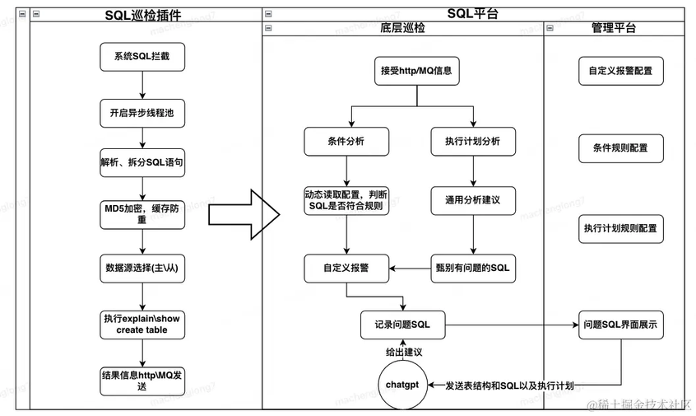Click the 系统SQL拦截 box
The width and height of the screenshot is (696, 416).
tap(142, 57)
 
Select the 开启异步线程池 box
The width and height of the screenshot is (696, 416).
tap(142, 114)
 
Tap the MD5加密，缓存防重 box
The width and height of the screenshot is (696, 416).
tap(142, 215)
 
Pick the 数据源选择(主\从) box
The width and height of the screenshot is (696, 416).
tap(142, 269)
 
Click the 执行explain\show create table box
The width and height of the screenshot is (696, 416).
tap(142, 325)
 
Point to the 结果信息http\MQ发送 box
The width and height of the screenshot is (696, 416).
tap(142, 381)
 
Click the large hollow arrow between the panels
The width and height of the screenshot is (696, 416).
tap(244, 215)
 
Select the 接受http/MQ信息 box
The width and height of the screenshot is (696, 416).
tap(417, 71)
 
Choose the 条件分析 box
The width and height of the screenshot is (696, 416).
tap(346, 142)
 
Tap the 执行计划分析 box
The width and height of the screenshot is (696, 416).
tap(473, 142)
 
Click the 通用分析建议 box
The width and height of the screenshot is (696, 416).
tap(473, 201)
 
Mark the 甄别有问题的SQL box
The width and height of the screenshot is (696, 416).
tap(473, 269)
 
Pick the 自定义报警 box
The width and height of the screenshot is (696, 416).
tap(346, 269)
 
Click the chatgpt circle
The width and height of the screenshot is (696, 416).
tap(402, 385)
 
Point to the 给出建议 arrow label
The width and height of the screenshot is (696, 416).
tap(404, 353)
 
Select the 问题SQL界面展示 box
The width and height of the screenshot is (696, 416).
tap(621, 325)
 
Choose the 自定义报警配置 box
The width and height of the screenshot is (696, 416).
tap(621, 71)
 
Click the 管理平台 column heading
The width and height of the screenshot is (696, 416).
tap(614, 28)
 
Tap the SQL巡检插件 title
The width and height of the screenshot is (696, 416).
tap(143, 15)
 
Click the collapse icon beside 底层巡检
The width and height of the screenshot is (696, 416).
tap(268, 28)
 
